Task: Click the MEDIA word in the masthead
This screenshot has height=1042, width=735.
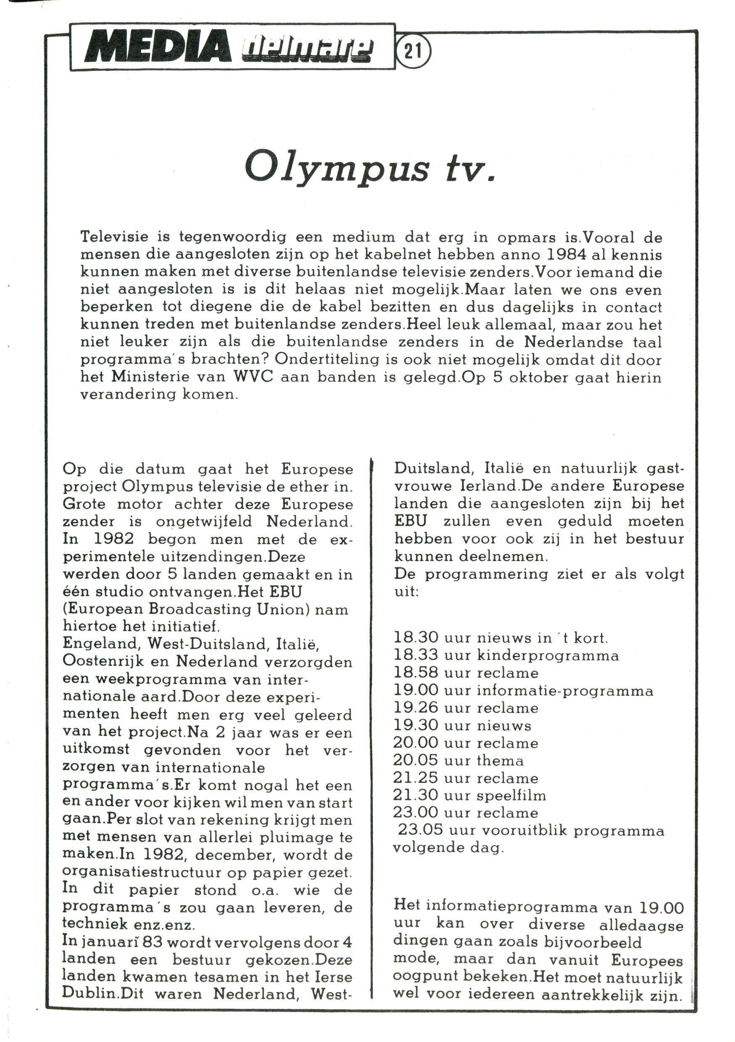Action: pyautogui.click(x=157, y=47)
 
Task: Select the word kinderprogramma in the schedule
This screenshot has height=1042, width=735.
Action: pyautogui.click(x=548, y=655)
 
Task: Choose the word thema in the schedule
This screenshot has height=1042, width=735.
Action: pyautogui.click(x=500, y=760)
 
